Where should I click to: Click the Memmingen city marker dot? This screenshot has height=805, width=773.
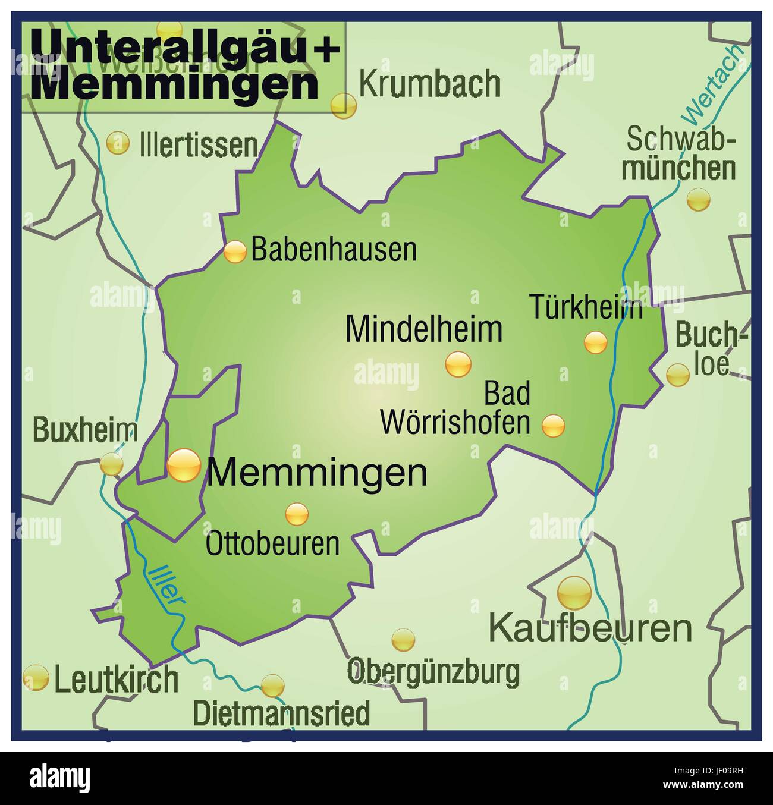pos(184,466)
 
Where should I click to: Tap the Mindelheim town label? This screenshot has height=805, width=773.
pos(423,329)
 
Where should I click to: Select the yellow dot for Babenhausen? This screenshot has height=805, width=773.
pos(235,252)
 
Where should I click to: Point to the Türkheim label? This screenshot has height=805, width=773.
pos(586,307)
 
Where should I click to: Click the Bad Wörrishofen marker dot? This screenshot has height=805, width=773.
pos(554,426)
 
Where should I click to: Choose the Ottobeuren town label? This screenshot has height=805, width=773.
pos(272,543)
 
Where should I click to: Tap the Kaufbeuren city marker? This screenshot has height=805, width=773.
pos(574,593)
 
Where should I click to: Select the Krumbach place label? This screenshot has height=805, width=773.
pos(429,84)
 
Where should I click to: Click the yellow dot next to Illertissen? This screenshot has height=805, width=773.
pos(118,143)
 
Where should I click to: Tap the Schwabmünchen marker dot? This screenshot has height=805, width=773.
pos(698,200)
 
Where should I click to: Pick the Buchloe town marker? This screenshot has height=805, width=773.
pos(677,375)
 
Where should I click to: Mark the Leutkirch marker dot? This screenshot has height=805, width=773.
pos(36,678)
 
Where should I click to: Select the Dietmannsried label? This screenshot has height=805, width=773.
pos(281,713)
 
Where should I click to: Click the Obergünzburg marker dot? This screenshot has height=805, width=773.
pos(403,640)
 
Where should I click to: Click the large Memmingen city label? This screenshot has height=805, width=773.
pos(317,473)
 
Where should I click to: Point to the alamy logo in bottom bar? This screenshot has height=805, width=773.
pos(60,778)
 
